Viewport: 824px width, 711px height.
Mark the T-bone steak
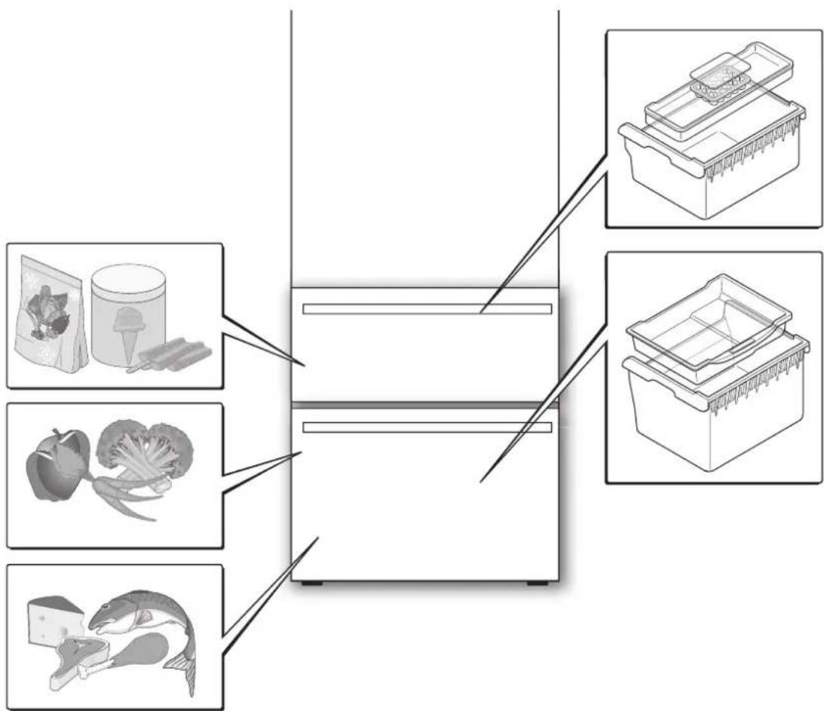(75, 663)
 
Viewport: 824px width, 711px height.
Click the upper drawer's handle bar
(427, 309)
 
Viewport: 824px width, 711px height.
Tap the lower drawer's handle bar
(427, 428)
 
